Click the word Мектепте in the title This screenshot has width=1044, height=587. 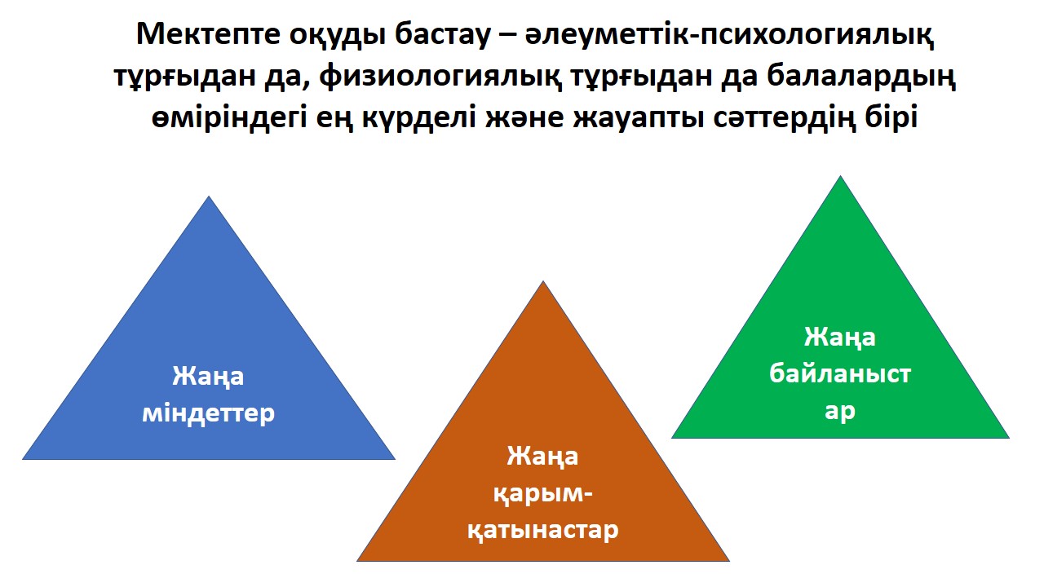click(x=208, y=34)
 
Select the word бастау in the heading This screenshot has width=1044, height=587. click(x=442, y=34)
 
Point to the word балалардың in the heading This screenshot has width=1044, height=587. click(x=861, y=76)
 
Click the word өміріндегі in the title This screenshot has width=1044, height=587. click(x=229, y=117)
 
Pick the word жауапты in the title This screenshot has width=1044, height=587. click(x=639, y=117)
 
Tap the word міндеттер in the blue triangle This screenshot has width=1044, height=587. click(x=208, y=413)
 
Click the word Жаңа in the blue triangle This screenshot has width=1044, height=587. click(x=208, y=376)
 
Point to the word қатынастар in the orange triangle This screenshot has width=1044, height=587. click(x=543, y=530)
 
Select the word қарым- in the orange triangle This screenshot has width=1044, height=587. click(x=543, y=493)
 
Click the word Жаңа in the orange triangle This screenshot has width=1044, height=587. click(x=543, y=456)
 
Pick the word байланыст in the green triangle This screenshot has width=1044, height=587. click(x=840, y=373)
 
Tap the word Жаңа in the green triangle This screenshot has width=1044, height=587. click(x=840, y=338)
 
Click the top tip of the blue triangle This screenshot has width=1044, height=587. click(x=209, y=196)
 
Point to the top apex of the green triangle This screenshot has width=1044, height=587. click(x=840, y=175)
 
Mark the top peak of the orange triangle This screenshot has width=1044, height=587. click(x=543, y=281)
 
